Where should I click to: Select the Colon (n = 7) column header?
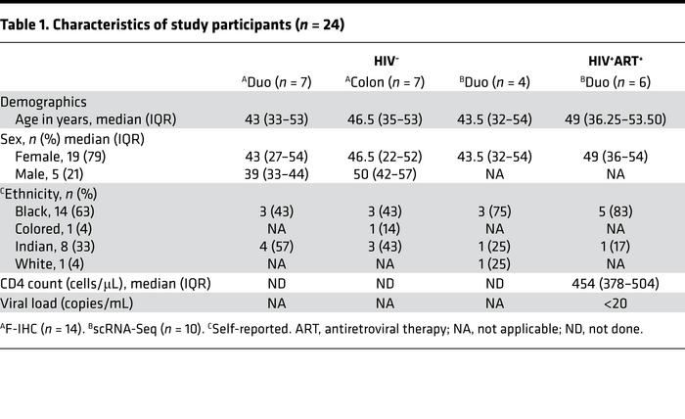pos(390,82)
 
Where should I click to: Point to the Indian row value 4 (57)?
pos(278,245)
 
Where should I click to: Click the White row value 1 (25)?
pos(502,262)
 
